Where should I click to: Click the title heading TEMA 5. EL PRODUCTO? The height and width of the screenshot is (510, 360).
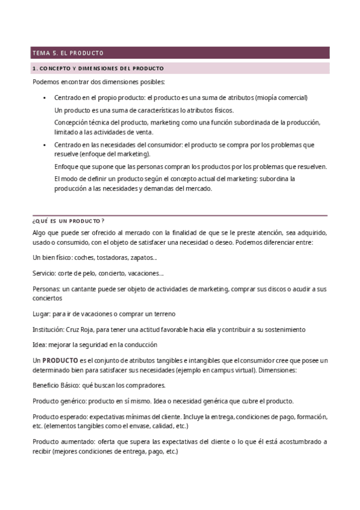pos(68,53)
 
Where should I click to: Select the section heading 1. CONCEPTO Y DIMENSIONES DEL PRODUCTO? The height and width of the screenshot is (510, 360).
pos(98,69)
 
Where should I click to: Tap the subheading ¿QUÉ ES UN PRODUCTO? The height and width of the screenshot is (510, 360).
pos(69,221)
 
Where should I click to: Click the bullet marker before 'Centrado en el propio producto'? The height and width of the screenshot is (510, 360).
pos(44,97)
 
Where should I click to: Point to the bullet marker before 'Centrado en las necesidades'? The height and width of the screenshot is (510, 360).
pos(44,146)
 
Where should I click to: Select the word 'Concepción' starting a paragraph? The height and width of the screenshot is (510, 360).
pos(71,123)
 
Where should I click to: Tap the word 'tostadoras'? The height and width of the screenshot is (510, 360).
pos(112,257)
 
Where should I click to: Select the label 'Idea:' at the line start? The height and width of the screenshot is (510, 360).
pos(40,345)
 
